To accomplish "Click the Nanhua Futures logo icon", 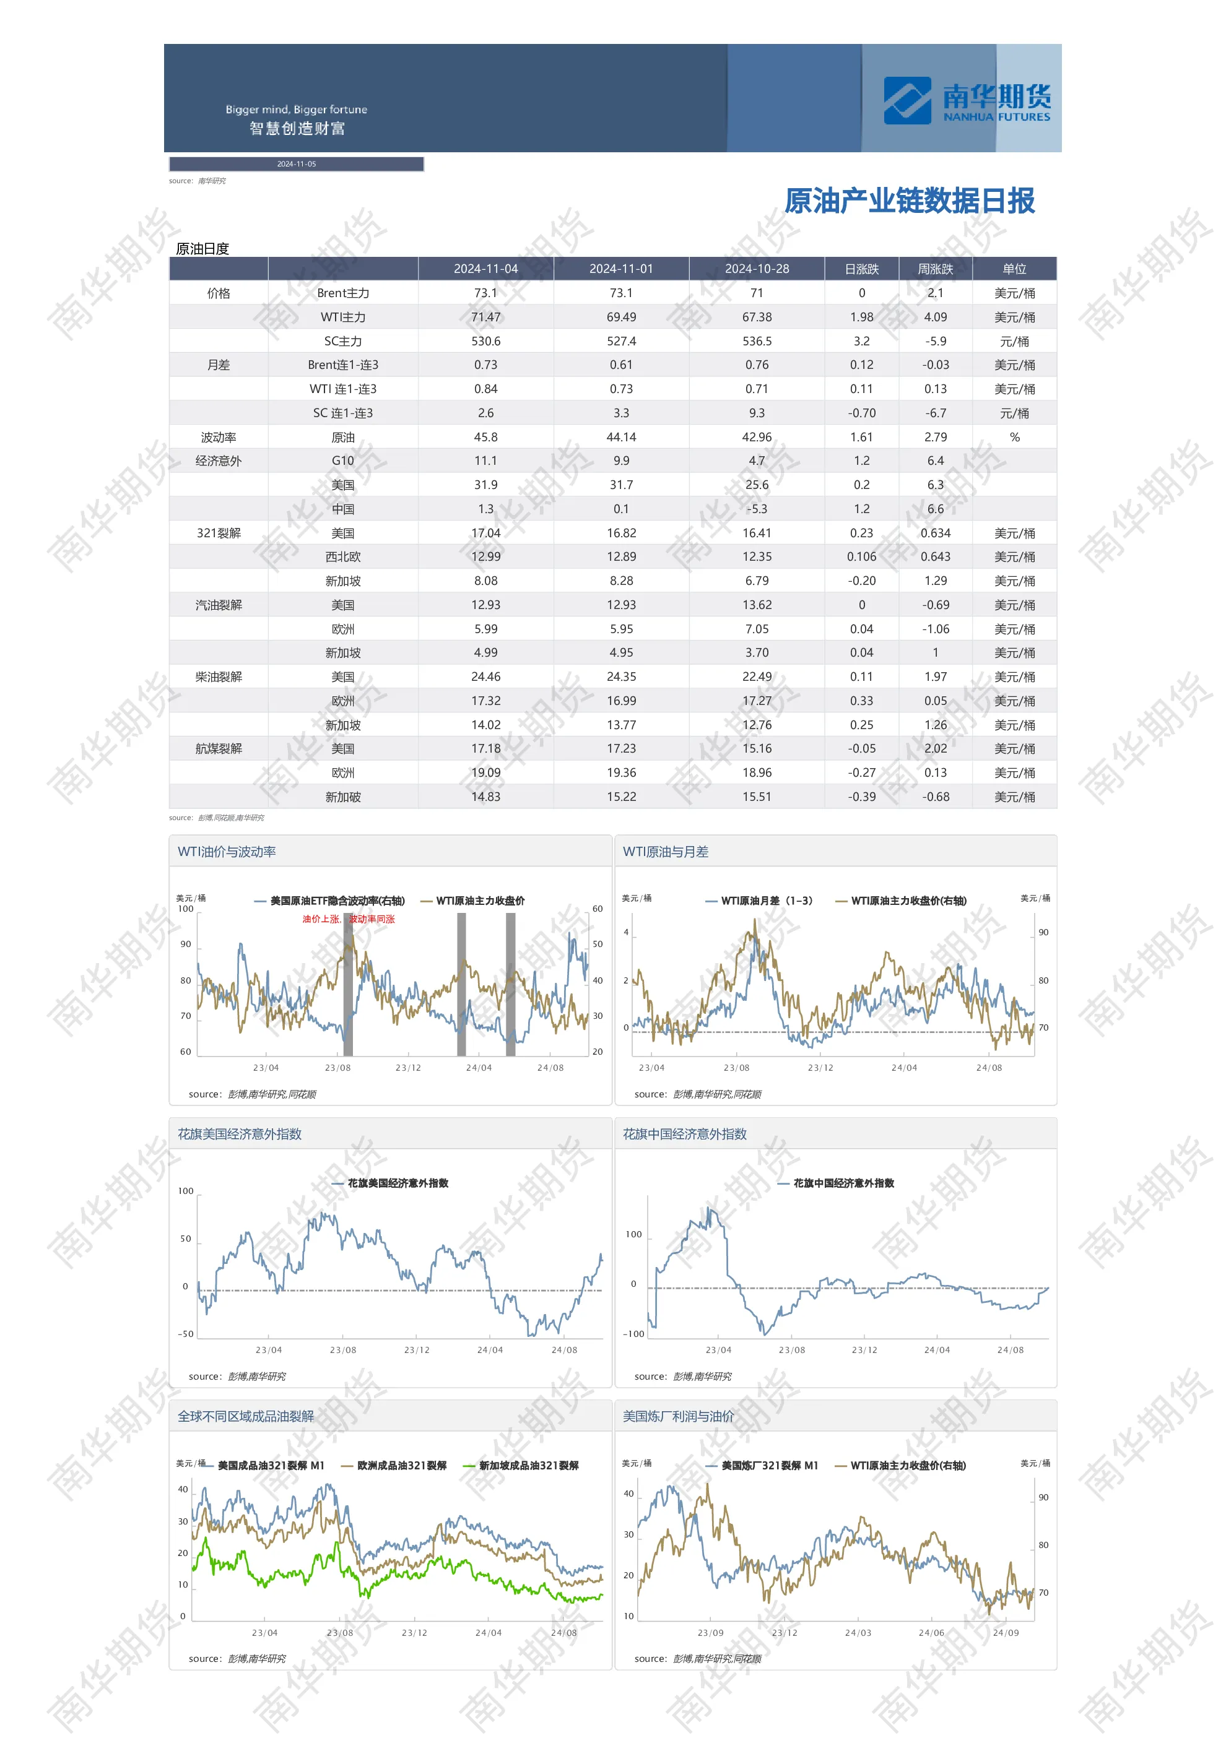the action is click(x=906, y=100).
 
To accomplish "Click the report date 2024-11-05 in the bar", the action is click(x=296, y=163).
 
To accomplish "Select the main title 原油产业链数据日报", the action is click(x=909, y=201).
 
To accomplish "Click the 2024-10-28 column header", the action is click(x=757, y=269).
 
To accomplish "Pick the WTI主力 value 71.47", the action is click(x=485, y=317).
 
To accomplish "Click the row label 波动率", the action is click(x=218, y=438).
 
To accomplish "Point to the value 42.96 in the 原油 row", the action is click(x=757, y=438).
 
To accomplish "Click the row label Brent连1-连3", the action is click(x=343, y=365).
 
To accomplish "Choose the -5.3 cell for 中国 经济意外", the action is click(x=757, y=509).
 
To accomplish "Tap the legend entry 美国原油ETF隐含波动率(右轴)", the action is click(x=337, y=901).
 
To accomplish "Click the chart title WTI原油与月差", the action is click(x=665, y=852).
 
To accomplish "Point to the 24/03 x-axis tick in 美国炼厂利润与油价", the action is click(x=858, y=1633).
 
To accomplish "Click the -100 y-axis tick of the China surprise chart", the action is click(x=633, y=1334).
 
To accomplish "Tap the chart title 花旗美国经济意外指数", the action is click(x=239, y=1134).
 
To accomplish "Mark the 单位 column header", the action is click(x=1014, y=269).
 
